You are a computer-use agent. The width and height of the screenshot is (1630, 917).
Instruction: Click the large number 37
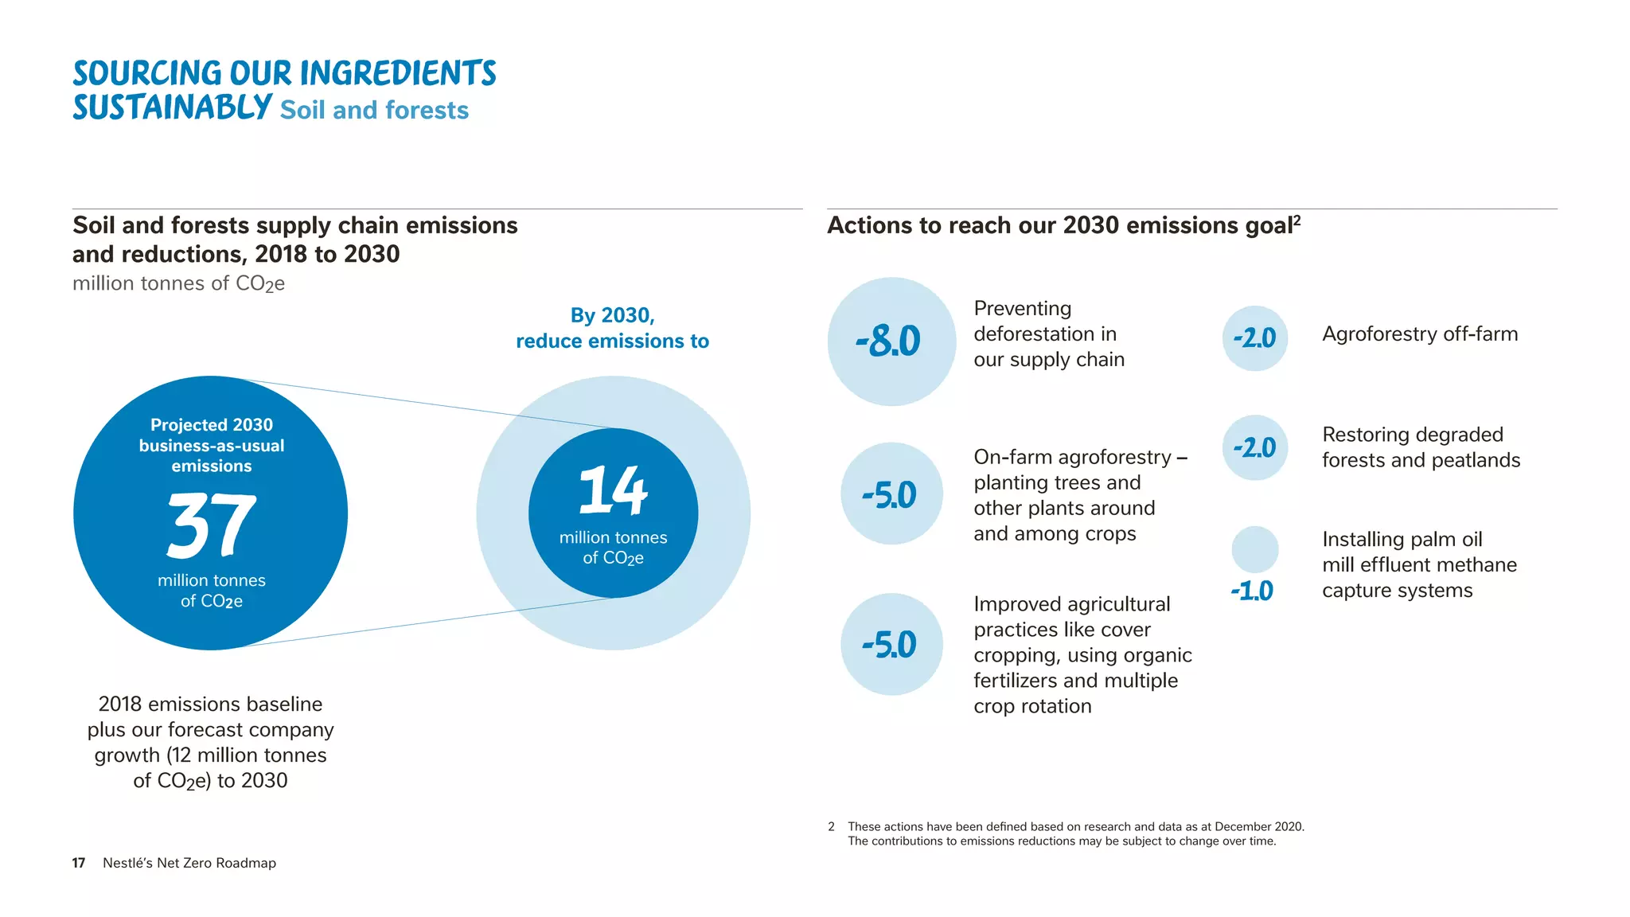(211, 525)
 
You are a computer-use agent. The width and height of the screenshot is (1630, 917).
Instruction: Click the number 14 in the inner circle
(613, 490)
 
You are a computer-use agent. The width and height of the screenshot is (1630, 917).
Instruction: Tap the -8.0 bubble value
(889, 341)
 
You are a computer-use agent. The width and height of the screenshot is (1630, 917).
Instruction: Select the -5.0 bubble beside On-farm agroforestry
(890, 495)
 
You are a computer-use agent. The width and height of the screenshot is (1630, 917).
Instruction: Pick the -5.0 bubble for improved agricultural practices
(890, 645)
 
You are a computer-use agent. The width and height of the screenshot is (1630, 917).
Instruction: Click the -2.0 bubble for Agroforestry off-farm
(1254, 338)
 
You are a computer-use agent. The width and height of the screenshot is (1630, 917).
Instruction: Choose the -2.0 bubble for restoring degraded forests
(1254, 447)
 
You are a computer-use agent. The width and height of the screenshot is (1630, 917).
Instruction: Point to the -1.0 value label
(1252, 591)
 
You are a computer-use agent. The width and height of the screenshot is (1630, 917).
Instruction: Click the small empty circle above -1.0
(1254, 549)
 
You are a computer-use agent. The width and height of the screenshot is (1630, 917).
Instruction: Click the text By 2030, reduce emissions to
(612, 328)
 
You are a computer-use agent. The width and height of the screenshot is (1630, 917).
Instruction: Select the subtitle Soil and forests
(374, 110)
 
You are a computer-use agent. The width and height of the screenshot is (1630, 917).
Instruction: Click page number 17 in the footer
(78, 863)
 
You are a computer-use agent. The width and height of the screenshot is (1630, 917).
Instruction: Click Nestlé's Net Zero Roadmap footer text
(189, 863)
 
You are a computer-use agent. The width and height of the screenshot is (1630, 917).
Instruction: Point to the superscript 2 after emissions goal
(1297, 219)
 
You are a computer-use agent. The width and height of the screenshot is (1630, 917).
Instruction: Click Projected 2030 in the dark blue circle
(211, 425)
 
